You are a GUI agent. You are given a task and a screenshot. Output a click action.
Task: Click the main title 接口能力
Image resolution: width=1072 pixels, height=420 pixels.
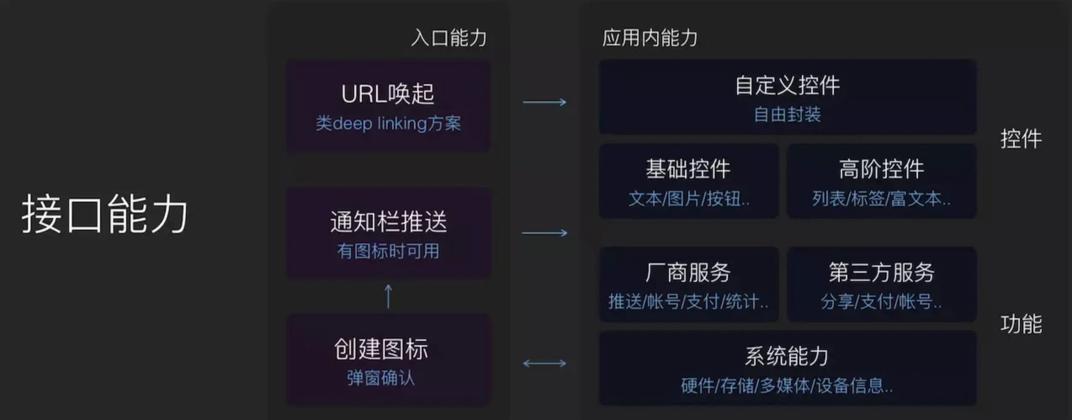point(104,214)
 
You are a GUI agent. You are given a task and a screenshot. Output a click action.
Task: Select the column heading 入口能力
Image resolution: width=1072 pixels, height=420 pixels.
point(449,38)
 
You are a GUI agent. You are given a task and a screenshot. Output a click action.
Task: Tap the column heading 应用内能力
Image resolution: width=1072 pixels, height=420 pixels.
point(650,38)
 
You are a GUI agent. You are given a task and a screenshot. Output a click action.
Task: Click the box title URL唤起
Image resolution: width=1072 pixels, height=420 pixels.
point(387,93)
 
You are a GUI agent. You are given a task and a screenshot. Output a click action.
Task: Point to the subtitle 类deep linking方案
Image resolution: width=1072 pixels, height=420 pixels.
point(388,124)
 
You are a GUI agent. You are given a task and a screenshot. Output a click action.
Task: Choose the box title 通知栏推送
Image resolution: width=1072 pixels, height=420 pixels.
point(388,222)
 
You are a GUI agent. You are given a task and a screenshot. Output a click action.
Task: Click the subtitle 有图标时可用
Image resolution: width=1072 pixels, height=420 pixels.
point(388,251)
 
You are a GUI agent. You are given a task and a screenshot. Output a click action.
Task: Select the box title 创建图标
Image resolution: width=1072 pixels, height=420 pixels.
point(381,349)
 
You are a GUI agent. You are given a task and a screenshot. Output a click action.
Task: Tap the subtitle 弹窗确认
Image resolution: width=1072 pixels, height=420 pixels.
point(381,378)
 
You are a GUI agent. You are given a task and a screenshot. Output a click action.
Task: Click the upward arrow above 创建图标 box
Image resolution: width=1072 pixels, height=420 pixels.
point(388,296)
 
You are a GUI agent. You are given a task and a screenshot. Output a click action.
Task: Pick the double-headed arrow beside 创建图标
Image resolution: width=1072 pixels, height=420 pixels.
point(544,363)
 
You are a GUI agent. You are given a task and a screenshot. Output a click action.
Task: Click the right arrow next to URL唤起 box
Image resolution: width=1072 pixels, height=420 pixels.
point(544,102)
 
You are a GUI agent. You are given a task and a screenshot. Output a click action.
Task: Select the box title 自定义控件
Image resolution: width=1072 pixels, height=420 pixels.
point(787,85)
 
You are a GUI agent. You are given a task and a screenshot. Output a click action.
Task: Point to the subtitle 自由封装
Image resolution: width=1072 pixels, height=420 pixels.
point(787,114)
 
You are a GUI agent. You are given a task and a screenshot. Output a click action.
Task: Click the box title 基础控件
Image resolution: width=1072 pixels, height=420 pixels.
point(688,169)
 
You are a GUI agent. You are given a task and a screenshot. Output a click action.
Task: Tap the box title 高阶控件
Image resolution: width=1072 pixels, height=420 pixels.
point(881,169)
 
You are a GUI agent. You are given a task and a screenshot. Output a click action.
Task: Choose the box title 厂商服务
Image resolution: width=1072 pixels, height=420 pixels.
point(688,272)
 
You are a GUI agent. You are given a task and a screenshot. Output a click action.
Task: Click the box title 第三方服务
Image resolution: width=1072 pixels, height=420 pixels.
point(881,272)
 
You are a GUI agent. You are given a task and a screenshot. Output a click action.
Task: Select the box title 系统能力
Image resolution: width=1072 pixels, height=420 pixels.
point(787,356)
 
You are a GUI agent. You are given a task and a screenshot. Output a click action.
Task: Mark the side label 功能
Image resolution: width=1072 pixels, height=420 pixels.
point(1021,324)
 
